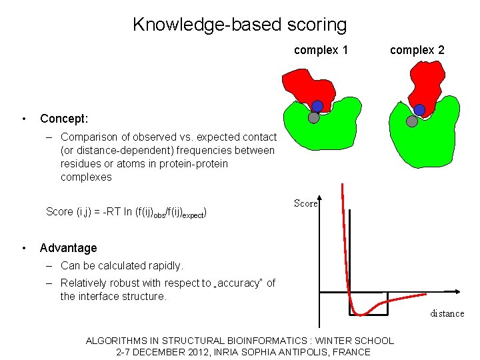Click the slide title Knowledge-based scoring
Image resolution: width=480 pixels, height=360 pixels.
pos(239,25)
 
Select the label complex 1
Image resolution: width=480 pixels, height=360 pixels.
pos(321,50)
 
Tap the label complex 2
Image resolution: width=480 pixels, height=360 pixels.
pos(417,50)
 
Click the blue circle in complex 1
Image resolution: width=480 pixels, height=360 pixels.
pos(317,106)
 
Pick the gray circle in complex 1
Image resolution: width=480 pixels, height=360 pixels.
pos(313,118)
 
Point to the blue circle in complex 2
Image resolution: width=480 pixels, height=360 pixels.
pos(419,110)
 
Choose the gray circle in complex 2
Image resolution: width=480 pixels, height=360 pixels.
pos(412,121)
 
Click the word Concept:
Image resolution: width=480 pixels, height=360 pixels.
pos(64,119)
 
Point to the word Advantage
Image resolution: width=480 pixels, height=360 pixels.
pos(68,248)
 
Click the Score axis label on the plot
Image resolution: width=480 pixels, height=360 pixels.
pos(306,204)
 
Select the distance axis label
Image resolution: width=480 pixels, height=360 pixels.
pos(447,313)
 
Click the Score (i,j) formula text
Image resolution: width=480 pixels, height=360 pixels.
pos(126,212)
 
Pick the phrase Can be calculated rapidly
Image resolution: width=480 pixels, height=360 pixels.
pos(121,265)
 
